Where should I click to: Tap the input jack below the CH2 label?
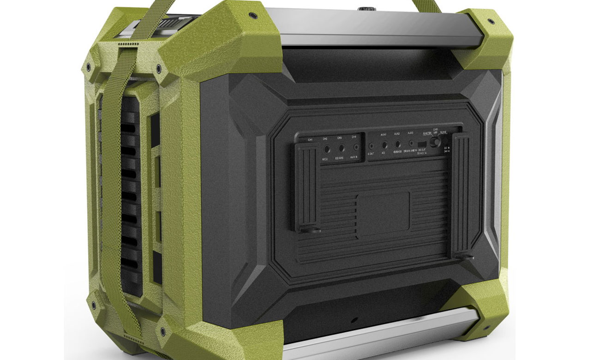(327, 149)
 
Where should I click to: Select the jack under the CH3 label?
(342, 149)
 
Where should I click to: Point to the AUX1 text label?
(384, 134)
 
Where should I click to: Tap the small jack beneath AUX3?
(411, 144)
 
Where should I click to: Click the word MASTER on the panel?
(427, 133)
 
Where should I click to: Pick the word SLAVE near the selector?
(443, 132)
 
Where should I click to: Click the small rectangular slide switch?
(421, 144)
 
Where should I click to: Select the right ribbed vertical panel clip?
(463, 194)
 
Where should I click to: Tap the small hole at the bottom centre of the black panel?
(354, 320)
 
